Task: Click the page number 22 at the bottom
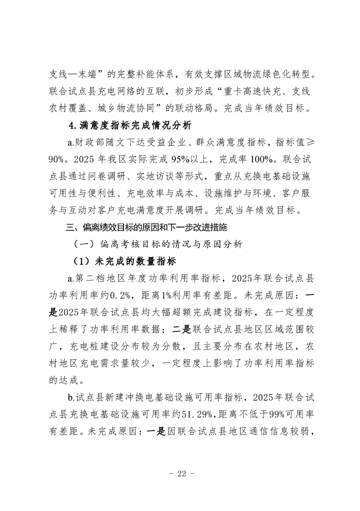[180, 474]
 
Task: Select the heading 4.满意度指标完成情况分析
[130, 125]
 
